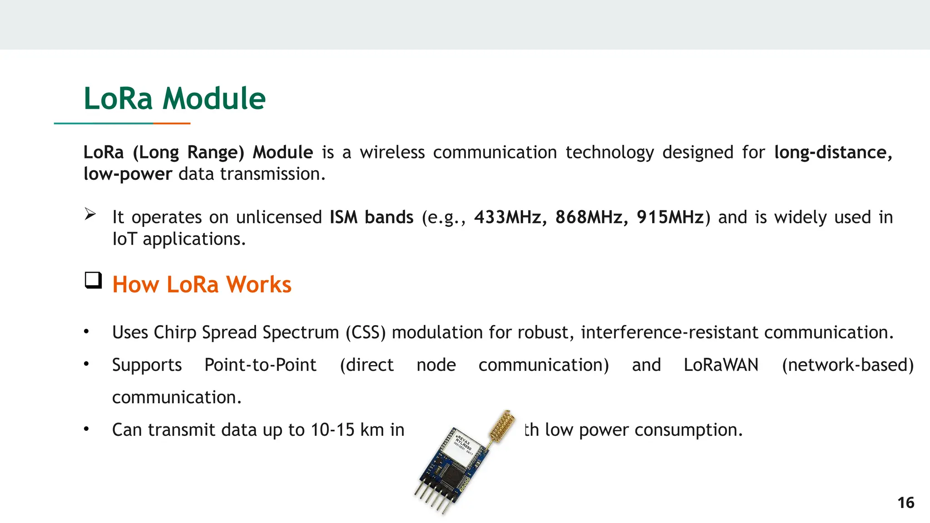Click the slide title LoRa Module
tap(174, 99)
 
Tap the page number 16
tap(905, 503)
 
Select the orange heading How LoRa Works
tap(202, 285)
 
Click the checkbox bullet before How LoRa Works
tap(93, 280)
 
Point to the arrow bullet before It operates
tap(90, 214)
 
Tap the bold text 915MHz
tap(670, 217)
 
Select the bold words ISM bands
tap(371, 217)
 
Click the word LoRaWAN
tap(721, 365)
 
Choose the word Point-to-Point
tap(260, 365)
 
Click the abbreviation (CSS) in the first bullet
tap(366, 332)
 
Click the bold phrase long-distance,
tap(833, 153)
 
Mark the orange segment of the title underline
tap(172, 123)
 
